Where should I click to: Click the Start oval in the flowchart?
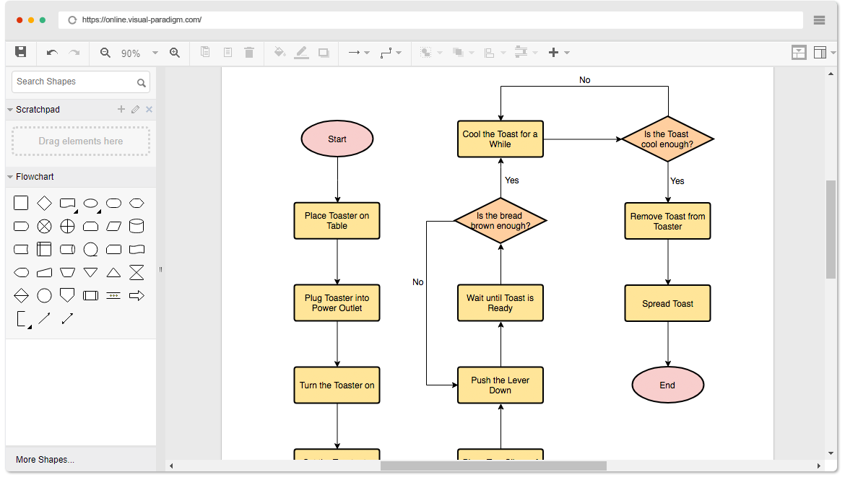pyautogui.click(x=337, y=139)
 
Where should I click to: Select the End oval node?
pyautogui.click(x=667, y=385)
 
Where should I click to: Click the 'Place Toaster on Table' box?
pyautogui.click(x=337, y=221)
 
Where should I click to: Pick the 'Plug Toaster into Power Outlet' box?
pyautogui.click(x=337, y=303)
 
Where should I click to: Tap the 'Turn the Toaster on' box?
pyautogui.click(x=337, y=385)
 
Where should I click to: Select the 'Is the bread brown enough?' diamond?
pyautogui.click(x=500, y=221)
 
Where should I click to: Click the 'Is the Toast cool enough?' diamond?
pyautogui.click(x=667, y=139)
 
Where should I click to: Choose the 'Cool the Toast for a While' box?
pyautogui.click(x=500, y=139)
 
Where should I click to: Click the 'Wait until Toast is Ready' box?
pyautogui.click(x=500, y=303)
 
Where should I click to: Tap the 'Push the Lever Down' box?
pyautogui.click(x=500, y=385)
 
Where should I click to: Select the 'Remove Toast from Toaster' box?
pyautogui.click(x=667, y=221)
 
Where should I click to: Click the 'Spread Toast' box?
pyautogui.click(x=667, y=303)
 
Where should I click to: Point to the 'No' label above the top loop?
pyautogui.click(x=585, y=80)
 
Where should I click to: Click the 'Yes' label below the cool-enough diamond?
pyautogui.click(x=677, y=181)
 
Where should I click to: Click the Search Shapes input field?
pyautogui.click(x=74, y=82)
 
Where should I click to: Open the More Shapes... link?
pyautogui.click(x=45, y=460)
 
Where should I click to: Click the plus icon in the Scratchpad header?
pyautogui.click(x=121, y=110)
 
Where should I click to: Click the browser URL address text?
pyautogui.click(x=142, y=20)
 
